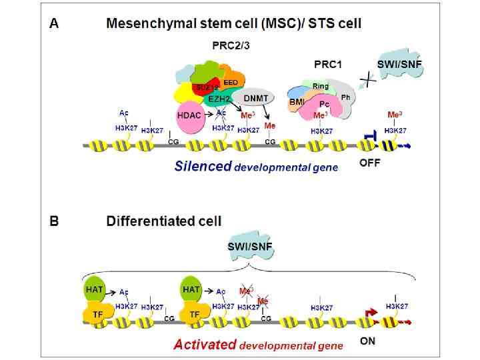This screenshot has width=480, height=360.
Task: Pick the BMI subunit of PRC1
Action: click(x=297, y=101)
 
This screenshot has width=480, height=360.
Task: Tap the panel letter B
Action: click(x=55, y=221)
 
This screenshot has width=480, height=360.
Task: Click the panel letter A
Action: click(x=55, y=24)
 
